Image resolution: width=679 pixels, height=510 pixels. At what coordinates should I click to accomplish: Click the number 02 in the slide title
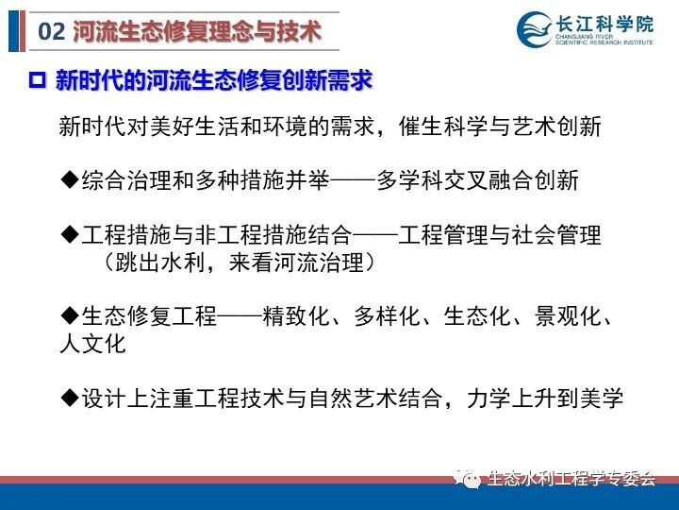click(52, 32)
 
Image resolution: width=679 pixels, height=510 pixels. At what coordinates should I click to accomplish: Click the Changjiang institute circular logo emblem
click(535, 29)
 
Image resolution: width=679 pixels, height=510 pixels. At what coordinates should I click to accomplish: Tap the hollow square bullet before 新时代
click(37, 80)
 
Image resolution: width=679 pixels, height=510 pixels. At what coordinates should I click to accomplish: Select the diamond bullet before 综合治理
click(69, 179)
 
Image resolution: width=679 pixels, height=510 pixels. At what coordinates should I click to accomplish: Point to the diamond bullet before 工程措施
click(69, 234)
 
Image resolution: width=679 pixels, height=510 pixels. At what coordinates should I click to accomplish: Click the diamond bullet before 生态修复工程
click(69, 315)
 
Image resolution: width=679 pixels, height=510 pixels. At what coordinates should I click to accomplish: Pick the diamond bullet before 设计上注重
click(69, 398)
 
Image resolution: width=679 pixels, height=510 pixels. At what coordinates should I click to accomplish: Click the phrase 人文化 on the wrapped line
click(92, 344)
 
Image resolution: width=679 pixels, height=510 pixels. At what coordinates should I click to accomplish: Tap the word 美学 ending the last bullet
click(602, 398)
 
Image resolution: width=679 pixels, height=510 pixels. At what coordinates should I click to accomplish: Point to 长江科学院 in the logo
click(604, 24)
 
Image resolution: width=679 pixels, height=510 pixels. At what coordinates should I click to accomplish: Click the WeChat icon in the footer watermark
click(468, 478)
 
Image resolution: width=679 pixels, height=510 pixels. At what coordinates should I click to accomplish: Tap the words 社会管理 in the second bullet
click(556, 234)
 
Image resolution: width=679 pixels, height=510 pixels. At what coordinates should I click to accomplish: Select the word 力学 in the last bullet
click(489, 398)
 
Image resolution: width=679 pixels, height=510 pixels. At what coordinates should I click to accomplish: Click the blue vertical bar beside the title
click(13, 31)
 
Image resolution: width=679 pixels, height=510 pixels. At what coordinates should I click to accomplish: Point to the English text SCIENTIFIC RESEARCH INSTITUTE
click(604, 42)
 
